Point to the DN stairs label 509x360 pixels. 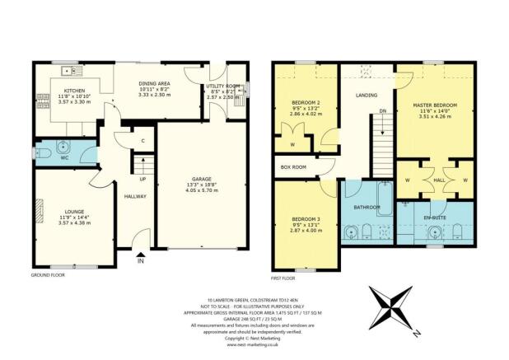click(x=382, y=110)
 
